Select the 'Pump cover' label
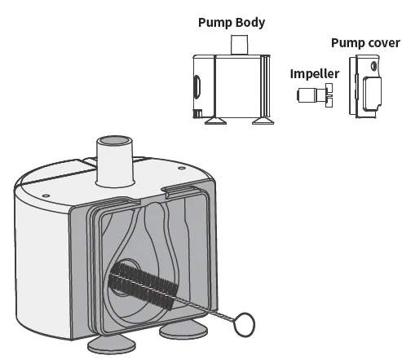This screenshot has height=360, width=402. tap(364, 42)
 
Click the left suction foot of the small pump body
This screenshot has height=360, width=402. tap(216, 123)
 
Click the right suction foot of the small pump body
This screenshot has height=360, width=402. tap(262, 123)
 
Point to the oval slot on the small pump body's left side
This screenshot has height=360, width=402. tap(197, 86)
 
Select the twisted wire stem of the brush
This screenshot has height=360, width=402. tap(207, 308)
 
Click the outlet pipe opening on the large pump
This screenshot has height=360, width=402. tap(113, 143)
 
